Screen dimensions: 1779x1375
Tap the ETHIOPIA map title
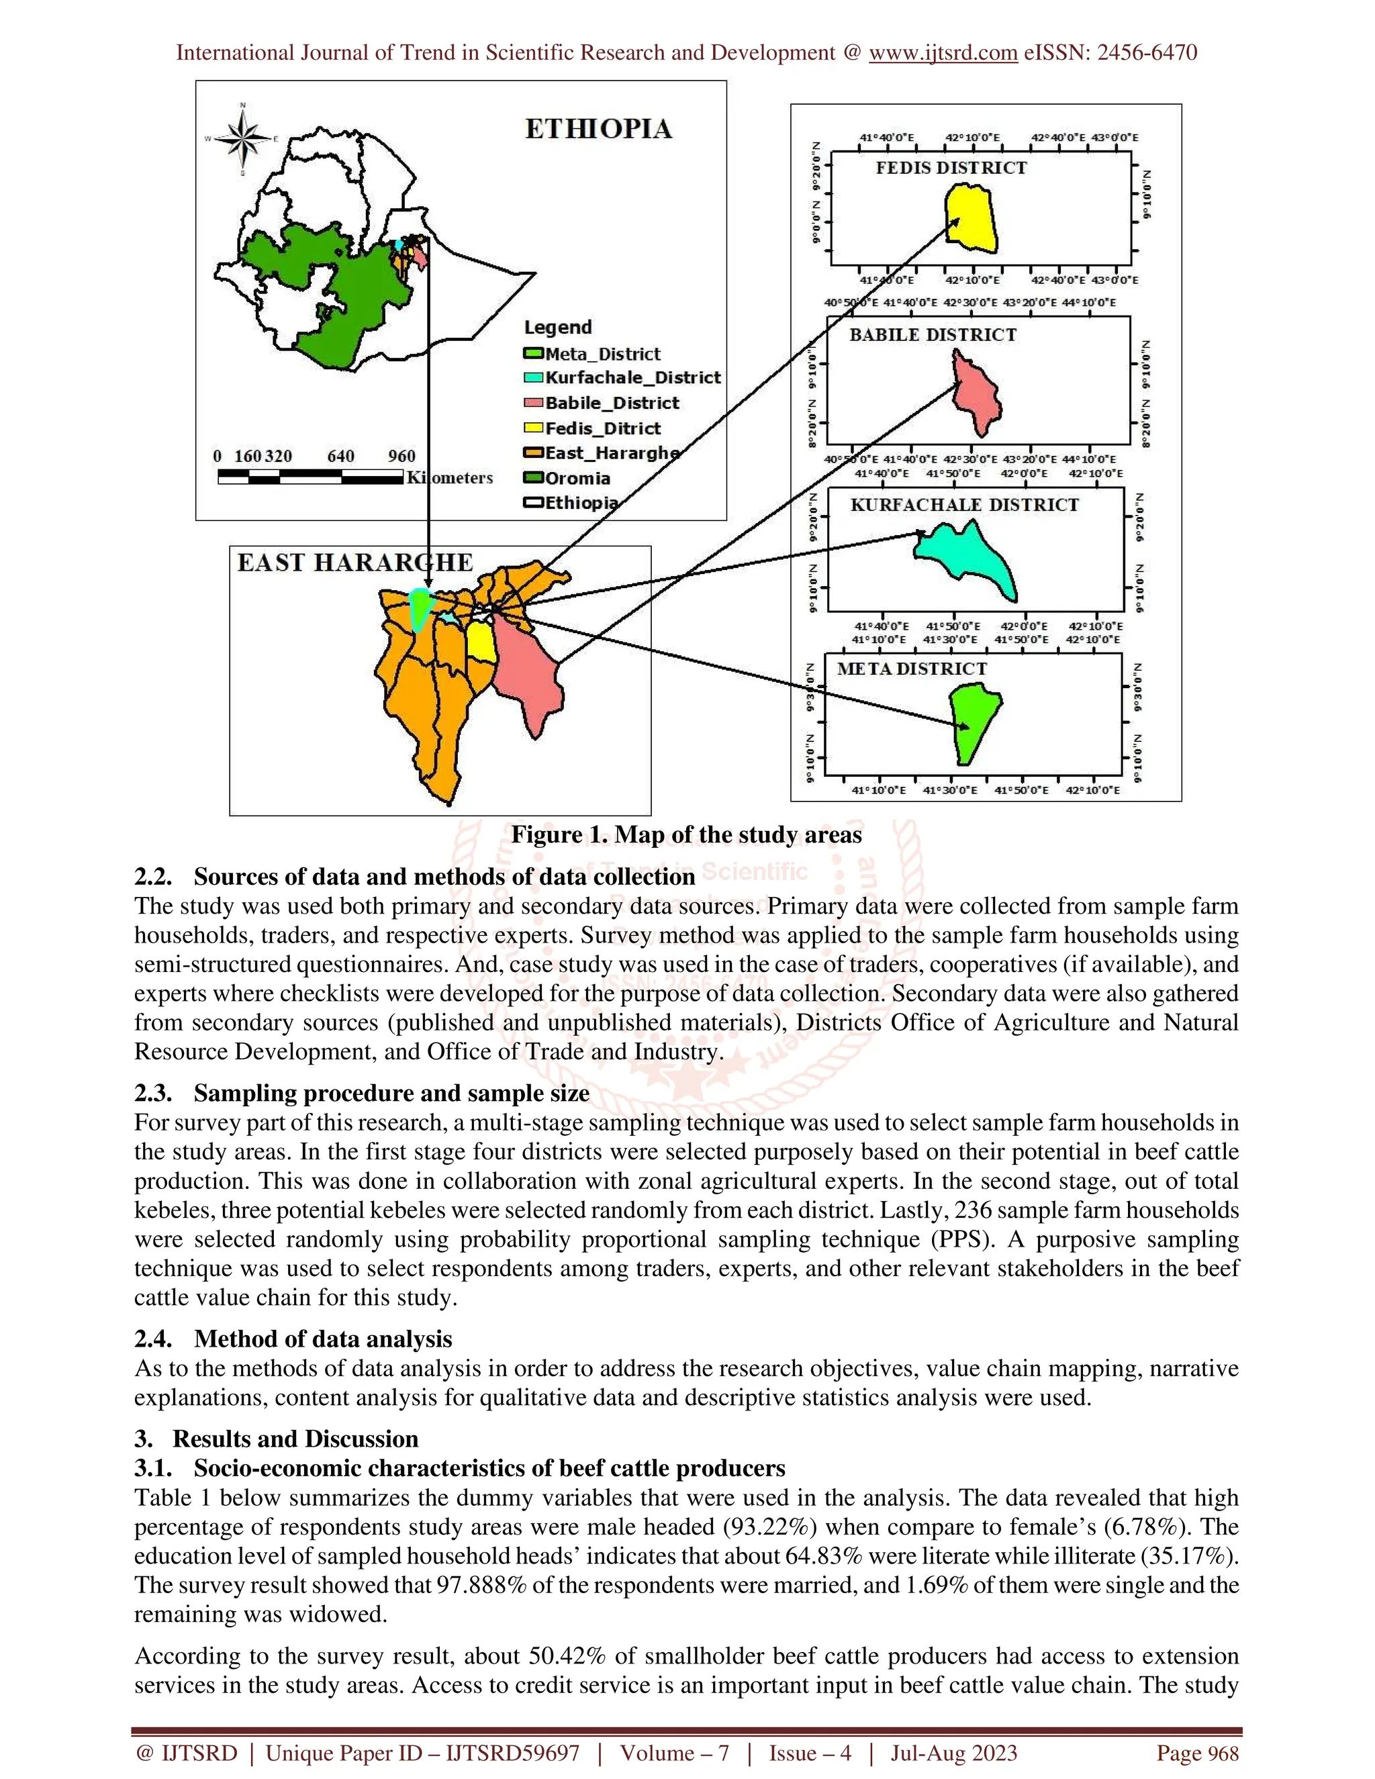coord(599,129)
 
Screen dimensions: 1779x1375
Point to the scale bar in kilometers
coord(311,477)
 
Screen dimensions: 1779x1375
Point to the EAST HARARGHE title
coord(355,562)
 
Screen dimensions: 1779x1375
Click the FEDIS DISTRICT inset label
coord(951,168)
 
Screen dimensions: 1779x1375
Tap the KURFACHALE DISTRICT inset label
coord(965,504)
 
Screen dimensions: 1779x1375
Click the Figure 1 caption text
coord(686,835)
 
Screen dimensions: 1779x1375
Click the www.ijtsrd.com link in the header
coord(943,52)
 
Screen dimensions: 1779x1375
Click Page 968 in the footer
coord(1198,1753)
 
